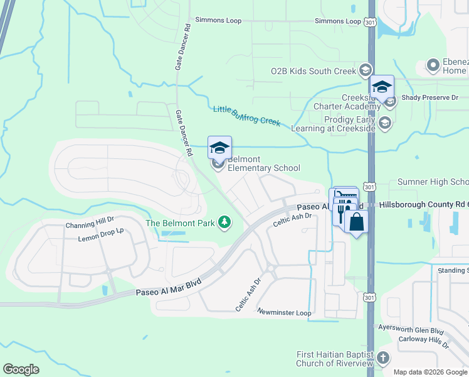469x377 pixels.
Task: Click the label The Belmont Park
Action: tap(179, 223)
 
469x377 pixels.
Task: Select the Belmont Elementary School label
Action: tap(263, 164)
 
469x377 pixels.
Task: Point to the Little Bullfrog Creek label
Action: tap(246, 116)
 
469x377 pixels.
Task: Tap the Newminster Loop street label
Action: tap(284, 312)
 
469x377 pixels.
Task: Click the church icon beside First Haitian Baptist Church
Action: tap(382, 359)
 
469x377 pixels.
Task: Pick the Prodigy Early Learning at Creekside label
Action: tap(341, 123)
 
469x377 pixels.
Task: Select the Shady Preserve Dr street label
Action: tap(430, 98)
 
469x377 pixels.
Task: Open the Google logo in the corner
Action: tap(21, 369)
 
